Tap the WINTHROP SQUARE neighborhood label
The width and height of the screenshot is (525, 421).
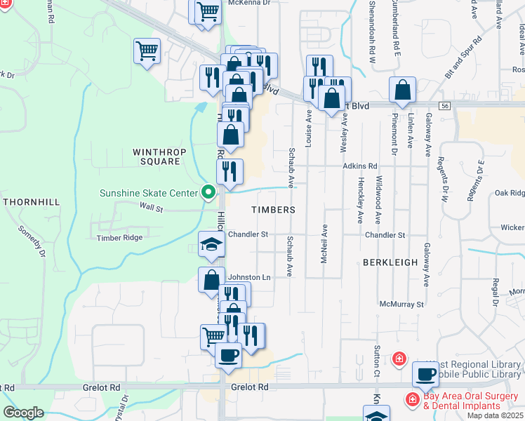156,156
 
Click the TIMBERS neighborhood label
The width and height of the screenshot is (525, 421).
273,210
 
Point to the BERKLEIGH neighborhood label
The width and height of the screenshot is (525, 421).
390,262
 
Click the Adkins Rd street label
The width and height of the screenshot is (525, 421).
360,166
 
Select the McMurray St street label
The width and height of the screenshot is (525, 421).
401,305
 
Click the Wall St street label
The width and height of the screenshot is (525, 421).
151,208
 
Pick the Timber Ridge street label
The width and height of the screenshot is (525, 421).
120,238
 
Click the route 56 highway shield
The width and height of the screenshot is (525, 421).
445,105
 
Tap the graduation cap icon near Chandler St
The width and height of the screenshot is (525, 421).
211,243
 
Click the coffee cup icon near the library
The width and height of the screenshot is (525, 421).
425,373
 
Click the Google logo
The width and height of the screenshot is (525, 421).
24,413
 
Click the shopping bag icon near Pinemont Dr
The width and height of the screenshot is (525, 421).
402,90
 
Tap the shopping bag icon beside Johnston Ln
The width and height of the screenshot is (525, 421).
211,279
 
